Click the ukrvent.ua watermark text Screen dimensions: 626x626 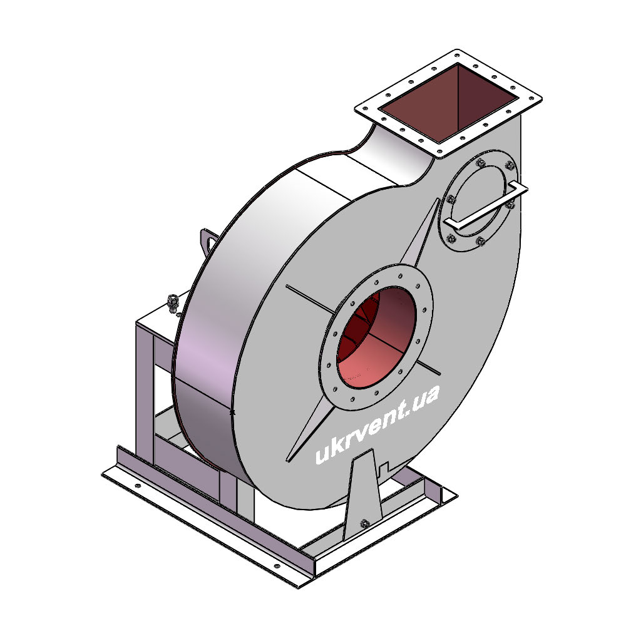[x=377, y=424]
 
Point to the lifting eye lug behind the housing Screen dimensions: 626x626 [x=208, y=241]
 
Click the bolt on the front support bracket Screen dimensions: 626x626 [x=364, y=523]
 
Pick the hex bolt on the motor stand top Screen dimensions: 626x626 [x=173, y=302]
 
